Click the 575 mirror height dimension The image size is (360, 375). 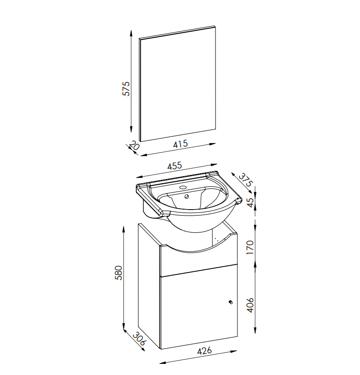click(126, 89)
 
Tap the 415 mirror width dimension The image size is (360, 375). click(180, 144)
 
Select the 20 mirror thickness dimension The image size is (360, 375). click(135, 145)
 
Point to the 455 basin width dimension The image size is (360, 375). click(175, 166)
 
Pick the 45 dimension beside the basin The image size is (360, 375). click(250, 203)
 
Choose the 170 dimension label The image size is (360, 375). click(250, 248)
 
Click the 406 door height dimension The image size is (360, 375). click(250, 305)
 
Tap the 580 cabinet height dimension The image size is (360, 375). click(119, 273)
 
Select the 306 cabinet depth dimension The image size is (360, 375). click(139, 338)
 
